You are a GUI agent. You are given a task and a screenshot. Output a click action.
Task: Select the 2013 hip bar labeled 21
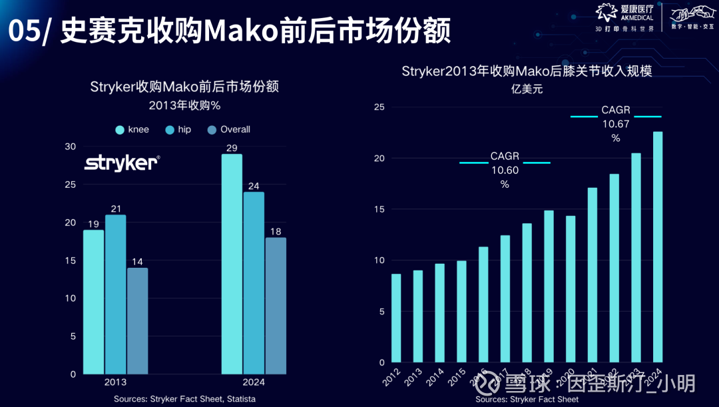coord(115,294)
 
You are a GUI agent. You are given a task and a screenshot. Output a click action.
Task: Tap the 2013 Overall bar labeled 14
coord(137,320)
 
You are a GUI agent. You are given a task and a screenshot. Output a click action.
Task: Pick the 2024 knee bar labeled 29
coord(232,264)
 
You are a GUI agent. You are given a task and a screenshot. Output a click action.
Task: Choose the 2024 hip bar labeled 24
coord(254,282)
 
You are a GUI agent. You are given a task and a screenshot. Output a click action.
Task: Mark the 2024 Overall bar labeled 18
coord(276,306)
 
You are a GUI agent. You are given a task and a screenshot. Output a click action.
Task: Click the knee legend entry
coord(132,129)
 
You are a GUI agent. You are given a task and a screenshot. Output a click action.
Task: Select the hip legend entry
coord(178,129)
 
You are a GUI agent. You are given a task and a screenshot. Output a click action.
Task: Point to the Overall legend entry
coord(229,129)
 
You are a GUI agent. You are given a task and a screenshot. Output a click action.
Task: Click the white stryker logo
coord(121,163)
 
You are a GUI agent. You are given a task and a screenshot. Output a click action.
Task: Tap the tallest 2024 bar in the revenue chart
coord(658,246)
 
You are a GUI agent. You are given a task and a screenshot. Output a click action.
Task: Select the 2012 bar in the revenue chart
coord(396,318)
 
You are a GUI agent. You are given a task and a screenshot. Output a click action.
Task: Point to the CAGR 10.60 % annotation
coord(505,170)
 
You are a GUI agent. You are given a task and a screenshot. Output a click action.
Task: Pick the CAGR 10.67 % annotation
coord(616,123)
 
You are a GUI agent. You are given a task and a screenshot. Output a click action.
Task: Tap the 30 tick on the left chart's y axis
coord(71,147)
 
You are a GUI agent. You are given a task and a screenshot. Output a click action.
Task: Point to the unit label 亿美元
coord(526,89)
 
